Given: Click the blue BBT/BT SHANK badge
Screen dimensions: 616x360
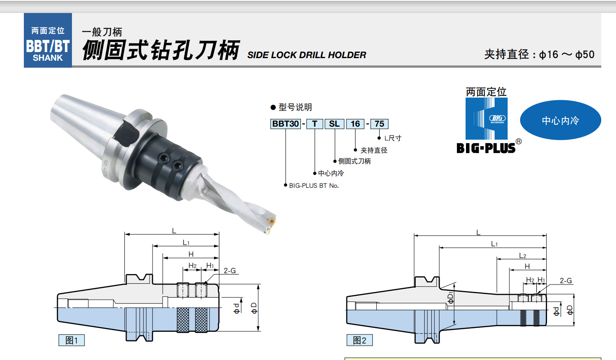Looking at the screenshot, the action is pos(48,40).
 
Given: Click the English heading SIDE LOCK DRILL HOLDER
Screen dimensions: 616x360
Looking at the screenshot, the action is pos(306,55).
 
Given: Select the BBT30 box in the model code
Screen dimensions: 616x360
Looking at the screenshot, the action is pos(285,124).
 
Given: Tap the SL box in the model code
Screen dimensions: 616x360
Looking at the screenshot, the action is pos(334,124).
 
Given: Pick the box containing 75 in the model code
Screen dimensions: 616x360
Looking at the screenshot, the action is pos(379,124).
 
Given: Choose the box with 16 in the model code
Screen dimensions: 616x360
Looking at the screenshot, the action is pos(355,124).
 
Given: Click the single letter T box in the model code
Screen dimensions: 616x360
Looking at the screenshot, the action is pos(315,124).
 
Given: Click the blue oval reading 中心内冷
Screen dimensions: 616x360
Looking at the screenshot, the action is pos(561,120).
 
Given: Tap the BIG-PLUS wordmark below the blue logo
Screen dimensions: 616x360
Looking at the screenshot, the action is pos(486,148).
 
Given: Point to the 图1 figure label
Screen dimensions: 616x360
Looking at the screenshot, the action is pos(72,340).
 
